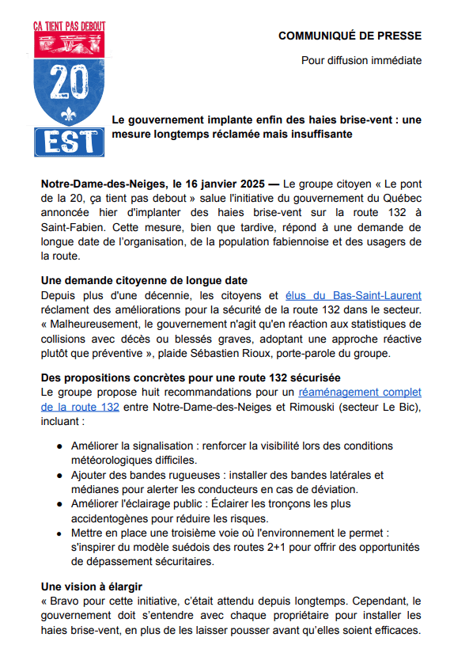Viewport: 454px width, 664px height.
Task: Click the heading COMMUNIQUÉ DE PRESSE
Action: [x=350, y=36]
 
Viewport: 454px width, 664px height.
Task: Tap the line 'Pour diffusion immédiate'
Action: [x=361, y=60]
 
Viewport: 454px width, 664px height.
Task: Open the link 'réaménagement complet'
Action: [x=359, y=392]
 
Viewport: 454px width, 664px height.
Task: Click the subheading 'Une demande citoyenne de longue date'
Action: [x=144, y=280]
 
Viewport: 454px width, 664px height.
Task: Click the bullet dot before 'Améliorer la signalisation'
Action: [x=60, y=446]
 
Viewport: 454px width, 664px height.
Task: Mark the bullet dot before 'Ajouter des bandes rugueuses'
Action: [x=60, y=475]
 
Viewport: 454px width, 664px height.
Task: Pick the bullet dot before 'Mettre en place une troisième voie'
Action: [x=60, y=533]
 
